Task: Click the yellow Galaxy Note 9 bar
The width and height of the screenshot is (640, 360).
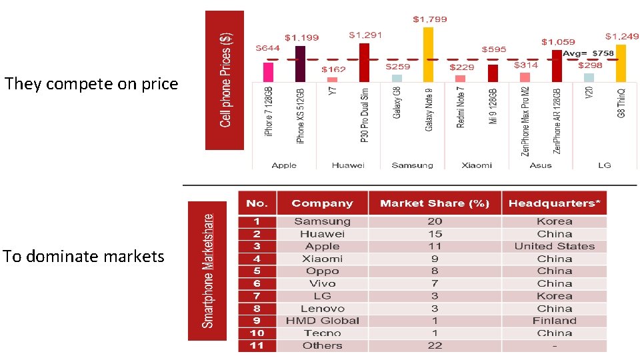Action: pyautogui.click(x=428, y=55)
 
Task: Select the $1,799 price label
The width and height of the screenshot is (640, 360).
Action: pyautogui.click(x=430, y=19)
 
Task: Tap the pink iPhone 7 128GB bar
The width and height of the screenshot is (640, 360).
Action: pyautogui.click(x=268, y=71)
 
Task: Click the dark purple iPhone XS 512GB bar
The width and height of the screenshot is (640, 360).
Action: pyautogui.click(x=300, y=63)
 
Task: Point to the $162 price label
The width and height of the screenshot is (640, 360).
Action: pyautogui.click(x=333, y=69)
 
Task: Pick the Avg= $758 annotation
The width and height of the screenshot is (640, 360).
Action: pyautogui.click(x=588, y=53)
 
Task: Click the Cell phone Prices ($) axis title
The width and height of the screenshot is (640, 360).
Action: pyautogui.click(x=225, y=80)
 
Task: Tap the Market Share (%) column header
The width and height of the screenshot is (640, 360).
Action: pyautogui.click(x=434, y=203)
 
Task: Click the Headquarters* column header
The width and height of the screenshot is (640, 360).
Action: pyautogui.click(x=554, y=203)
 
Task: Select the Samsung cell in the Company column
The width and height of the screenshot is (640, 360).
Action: pyautogui.click(x=322, y=221)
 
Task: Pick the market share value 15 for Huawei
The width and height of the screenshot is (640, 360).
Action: pyautogui.click(x=435, y=234)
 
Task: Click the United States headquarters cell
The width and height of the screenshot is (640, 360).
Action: pyautogui.click(x=554, y=246)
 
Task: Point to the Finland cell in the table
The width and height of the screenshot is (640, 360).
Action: pyautogui.click(x=554, y=321)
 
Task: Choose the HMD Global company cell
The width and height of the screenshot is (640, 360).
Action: pyautogui.click(x=322, y=321)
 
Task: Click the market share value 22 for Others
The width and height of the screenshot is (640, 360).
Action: pyautogui.click(x=435, y=345)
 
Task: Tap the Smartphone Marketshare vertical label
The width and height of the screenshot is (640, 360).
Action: pyautogui.click(x=207, y=271)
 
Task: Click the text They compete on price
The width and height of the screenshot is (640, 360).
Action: pyautogui.click(x=91, y=84)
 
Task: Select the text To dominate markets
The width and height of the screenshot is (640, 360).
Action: pyautogui.click(x=84, y=257)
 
